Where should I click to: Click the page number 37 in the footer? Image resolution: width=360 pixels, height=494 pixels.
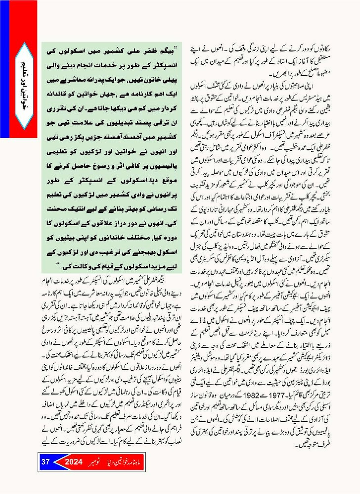click(x=45, y=462)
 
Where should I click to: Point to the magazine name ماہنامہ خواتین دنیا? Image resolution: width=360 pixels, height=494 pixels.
click(x=131, y=462)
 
